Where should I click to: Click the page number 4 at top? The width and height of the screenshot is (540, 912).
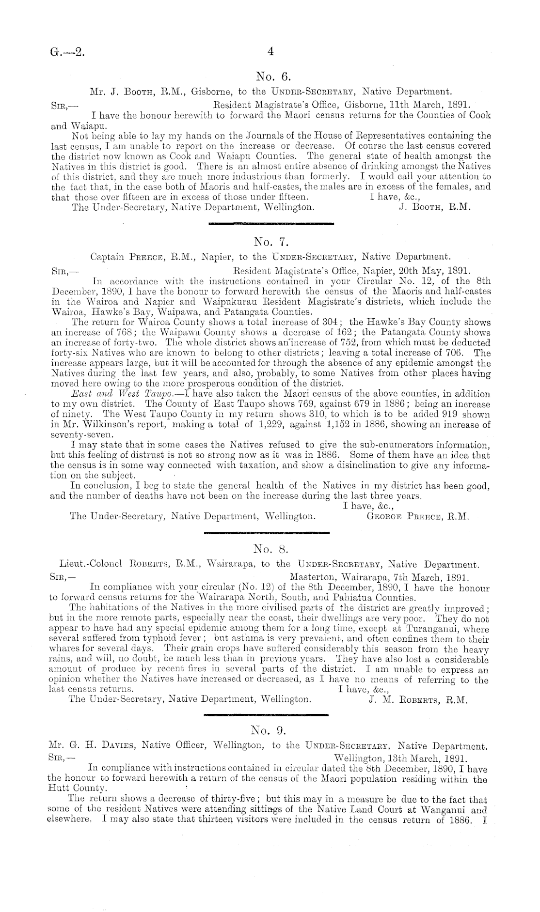270,52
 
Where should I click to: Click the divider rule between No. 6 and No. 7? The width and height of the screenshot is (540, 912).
270,224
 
